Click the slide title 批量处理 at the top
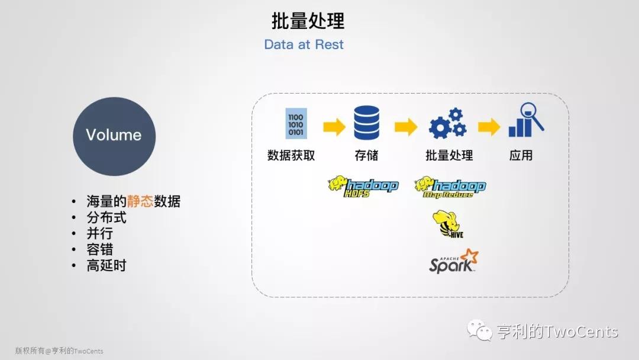point(308,21)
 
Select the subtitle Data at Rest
point(304,44)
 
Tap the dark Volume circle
point(114,136)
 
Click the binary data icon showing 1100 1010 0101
point(296,124)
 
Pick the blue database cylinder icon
point(366,123)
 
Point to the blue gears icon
point(447,123)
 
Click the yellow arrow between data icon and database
point(334,127)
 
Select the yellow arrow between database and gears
point(406,127)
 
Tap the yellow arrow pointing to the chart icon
point(489,127)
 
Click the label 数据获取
point(291,155)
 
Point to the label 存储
point(366,155)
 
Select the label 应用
point(521,155)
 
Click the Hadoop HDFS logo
point(363,187)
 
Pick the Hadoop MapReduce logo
point(450,188)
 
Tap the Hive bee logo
point(447,224)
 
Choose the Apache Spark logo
point(454,261)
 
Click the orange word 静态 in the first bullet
point(140,201)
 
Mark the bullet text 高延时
point(106,265)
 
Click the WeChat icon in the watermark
point(479,330)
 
